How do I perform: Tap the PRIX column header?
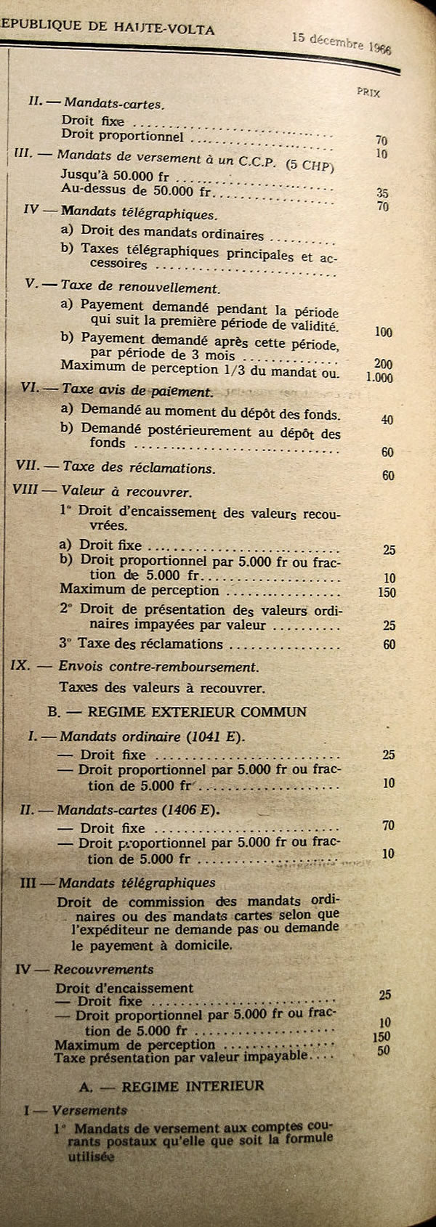tap(368, 93)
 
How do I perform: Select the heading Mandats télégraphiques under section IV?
tap(139, 214)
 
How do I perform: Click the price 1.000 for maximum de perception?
tap(379, 378)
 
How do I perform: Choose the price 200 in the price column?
tap(382, 364)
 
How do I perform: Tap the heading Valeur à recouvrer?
tap(127, 492)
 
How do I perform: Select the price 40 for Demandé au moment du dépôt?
tap(387, 420)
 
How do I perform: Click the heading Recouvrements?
tap(104, 969)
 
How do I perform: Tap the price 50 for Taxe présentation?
tap(384, 1050)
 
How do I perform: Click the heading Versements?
tap(90, 1110)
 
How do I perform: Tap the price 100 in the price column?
tap(383, 332)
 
